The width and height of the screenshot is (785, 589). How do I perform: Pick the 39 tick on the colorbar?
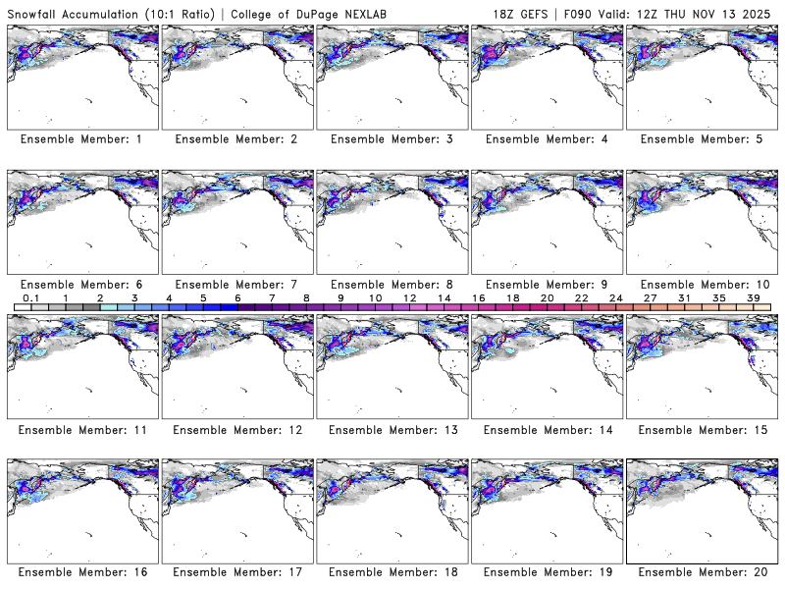click(x=754, y=297)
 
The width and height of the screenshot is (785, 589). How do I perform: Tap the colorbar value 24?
click(x=615, y=297)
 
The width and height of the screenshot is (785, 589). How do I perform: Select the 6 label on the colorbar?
click(x=237, y=297)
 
